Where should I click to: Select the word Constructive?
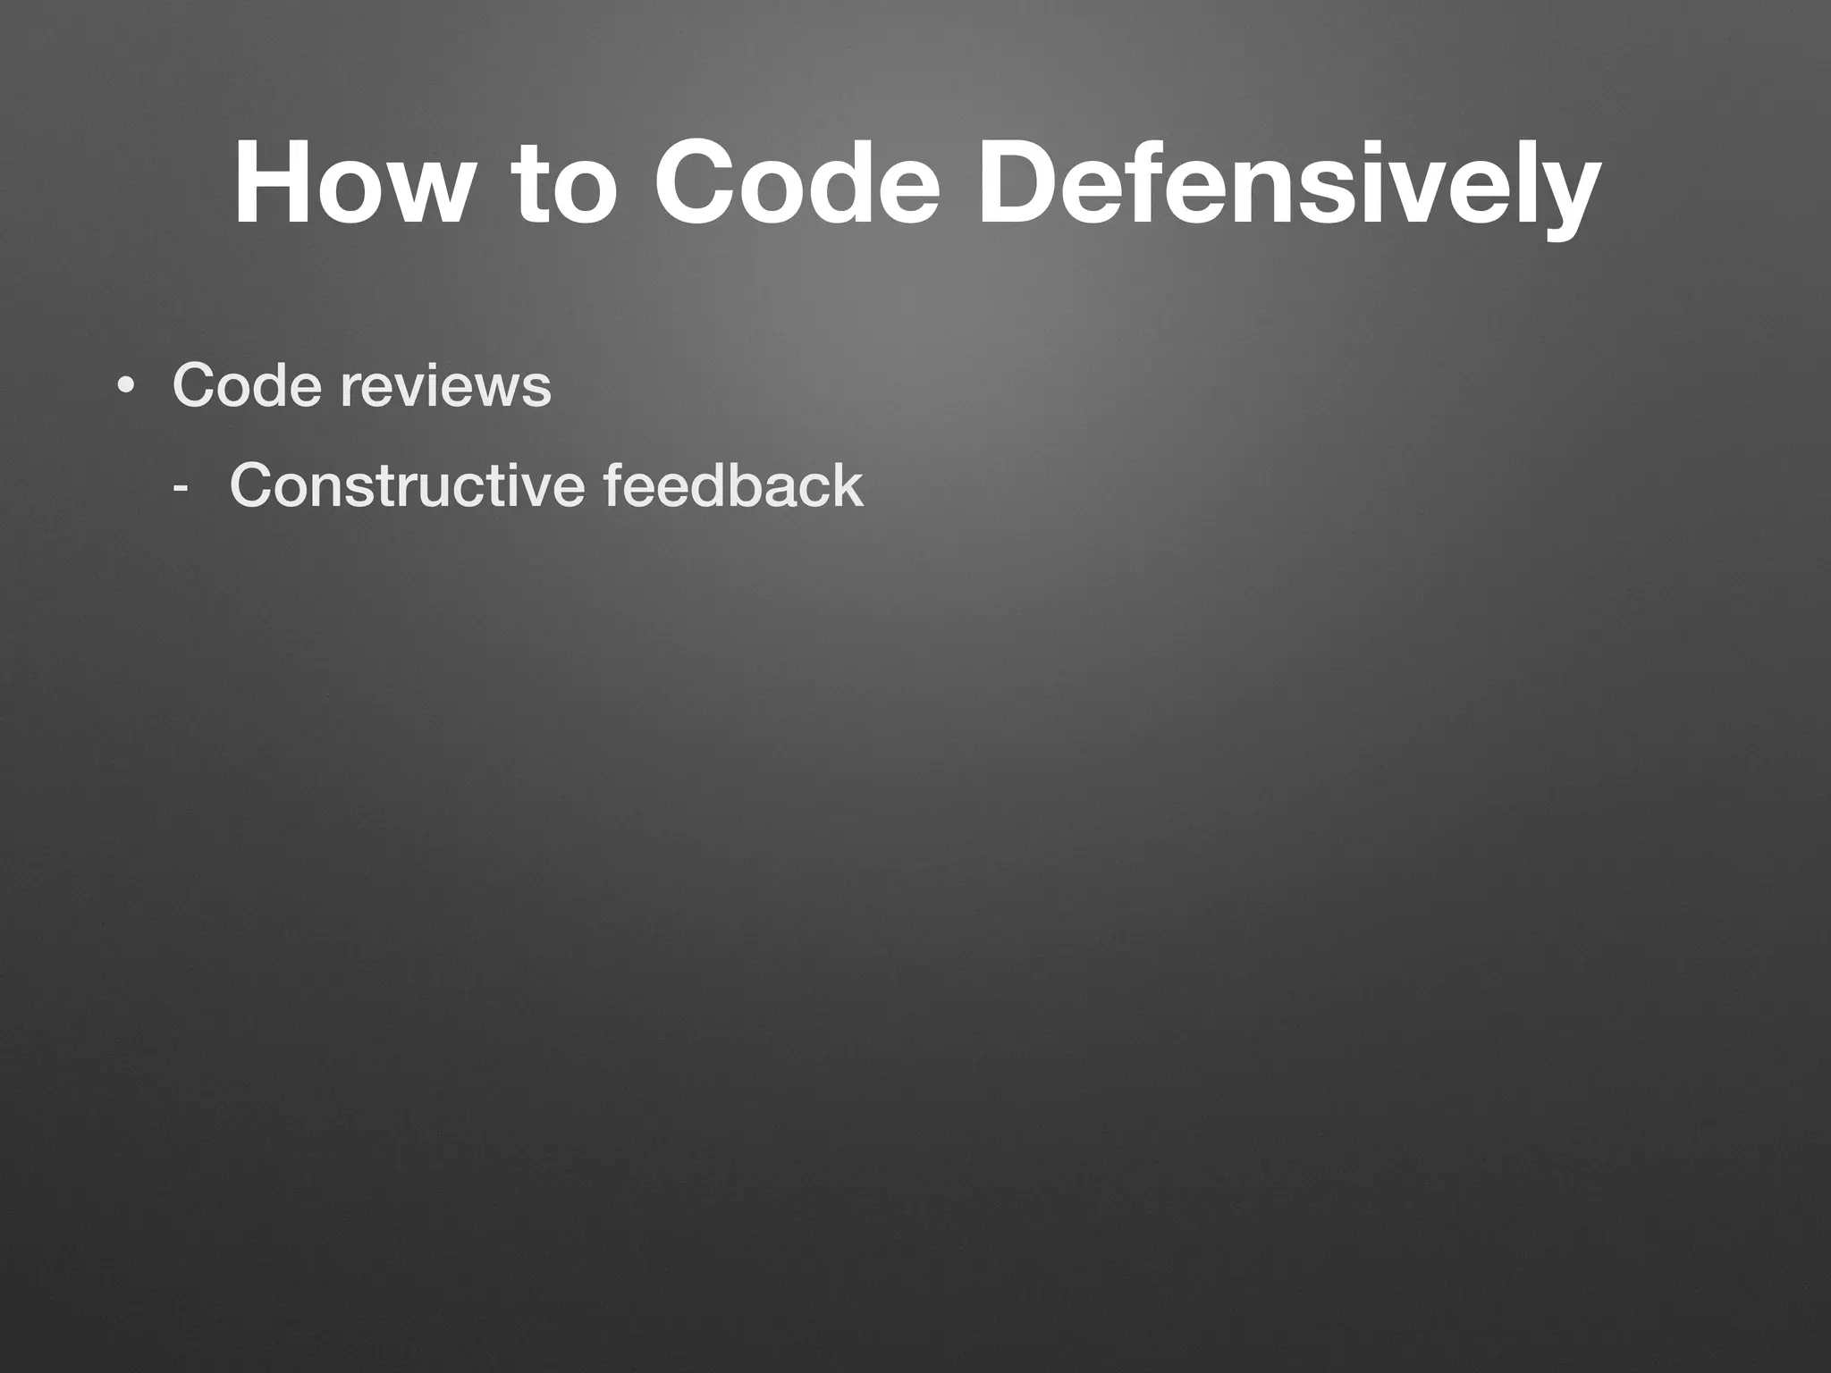[x=407, y=486]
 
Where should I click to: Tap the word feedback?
[x=733, y=486]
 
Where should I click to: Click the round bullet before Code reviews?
[x=126, y=387]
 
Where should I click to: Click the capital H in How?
[x=269, y=184]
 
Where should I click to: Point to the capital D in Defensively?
[x=1016, y=184]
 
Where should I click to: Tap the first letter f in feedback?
[x=615, y=486]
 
